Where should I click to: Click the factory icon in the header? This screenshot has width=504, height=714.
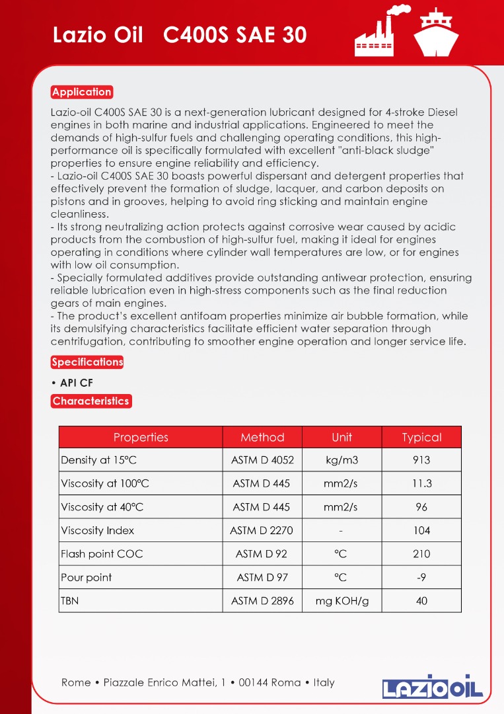[380, 31]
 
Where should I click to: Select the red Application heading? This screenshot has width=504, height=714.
[82, 92]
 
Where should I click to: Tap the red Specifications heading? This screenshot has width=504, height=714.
[87, 362]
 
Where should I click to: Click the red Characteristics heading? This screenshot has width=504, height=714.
[90, 401]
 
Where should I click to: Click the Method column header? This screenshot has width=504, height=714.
[262, 437]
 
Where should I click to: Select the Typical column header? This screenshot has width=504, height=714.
[421, 437]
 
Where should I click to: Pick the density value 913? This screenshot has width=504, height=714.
[421, 460]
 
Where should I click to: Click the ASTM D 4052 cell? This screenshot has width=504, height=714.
[262, 460]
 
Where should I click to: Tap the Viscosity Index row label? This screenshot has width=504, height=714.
[97, 530]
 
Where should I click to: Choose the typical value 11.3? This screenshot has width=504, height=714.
[421, 483]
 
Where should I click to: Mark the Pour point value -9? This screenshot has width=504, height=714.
[421, 577]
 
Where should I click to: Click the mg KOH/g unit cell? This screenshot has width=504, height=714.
[342, 601]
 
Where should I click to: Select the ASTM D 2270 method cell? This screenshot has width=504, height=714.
[262, 530]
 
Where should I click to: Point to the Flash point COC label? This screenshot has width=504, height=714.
[102, 554]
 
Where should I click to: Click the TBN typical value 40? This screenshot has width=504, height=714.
[421, 601]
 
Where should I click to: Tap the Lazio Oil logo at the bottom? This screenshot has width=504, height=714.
[433, 686]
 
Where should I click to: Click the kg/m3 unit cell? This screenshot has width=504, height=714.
[342, 460]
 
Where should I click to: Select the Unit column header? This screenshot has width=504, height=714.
[342, 437]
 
